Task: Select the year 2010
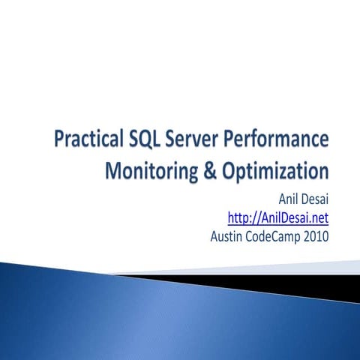click(315, 238)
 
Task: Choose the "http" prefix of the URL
click(238, 219)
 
